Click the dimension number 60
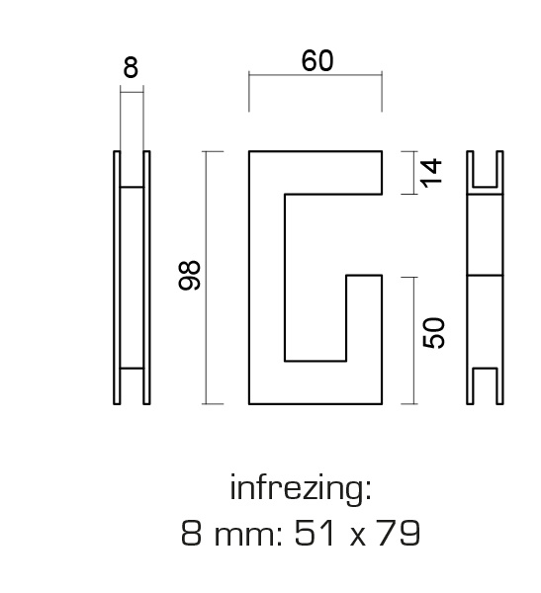[317, 61]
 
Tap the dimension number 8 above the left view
[131, 68]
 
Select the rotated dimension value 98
[189, 276]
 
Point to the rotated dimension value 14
[431, 173]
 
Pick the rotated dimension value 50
[434, 333]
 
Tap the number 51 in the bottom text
[315, 533]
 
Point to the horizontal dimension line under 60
[316, 75]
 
